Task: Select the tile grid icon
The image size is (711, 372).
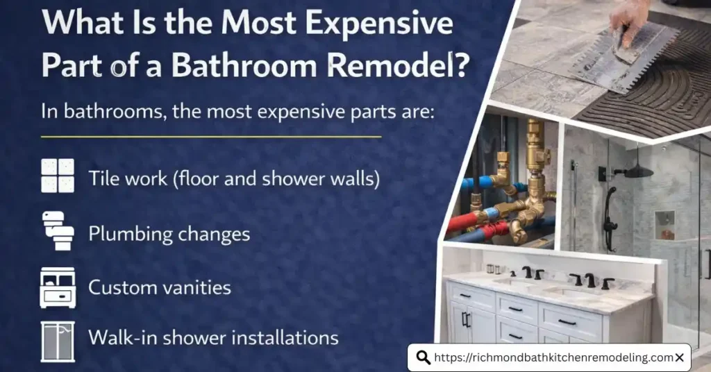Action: pos(58,176)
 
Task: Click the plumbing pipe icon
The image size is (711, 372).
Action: pos(58,230)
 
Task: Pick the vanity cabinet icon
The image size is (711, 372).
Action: pos(58,286)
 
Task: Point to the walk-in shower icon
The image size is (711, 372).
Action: pos(58,339)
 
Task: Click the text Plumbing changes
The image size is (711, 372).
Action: pos(169,233)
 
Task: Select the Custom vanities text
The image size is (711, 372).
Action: pos(159,286)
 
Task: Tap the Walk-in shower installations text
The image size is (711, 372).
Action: pos(213,338)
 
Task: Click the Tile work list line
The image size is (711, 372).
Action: pos(234,178)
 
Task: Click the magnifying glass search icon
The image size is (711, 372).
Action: pos(423,357)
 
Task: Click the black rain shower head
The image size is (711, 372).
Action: pos(638,171)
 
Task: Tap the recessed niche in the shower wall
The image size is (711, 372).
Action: pos(664,223)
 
